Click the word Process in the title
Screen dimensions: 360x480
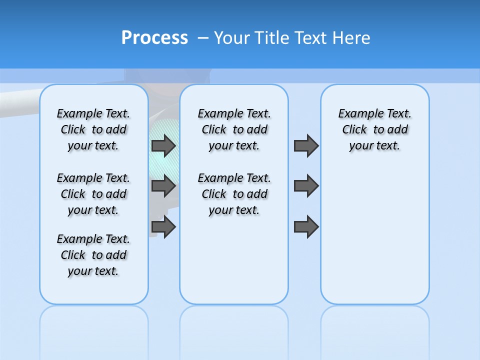point(154,37)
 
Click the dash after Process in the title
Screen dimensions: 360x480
point(203,38)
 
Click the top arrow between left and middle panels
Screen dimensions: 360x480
point(163,145)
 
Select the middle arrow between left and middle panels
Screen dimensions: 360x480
point(163,186)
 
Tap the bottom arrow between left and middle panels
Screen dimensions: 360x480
point(163,226)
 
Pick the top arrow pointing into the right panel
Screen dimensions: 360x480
point(306,145)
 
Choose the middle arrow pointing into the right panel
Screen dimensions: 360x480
point(306,186)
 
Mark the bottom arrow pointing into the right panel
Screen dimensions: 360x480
point(306,226)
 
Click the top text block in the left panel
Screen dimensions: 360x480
point(93,129)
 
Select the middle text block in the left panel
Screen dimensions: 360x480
point(93,194)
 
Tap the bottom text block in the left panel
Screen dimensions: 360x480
point(93,255)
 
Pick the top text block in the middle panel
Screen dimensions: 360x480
point(234,129)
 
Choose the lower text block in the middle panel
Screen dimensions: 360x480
point(234,194)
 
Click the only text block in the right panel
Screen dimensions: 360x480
point(375,129)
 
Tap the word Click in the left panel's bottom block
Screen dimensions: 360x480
point(73,255)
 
